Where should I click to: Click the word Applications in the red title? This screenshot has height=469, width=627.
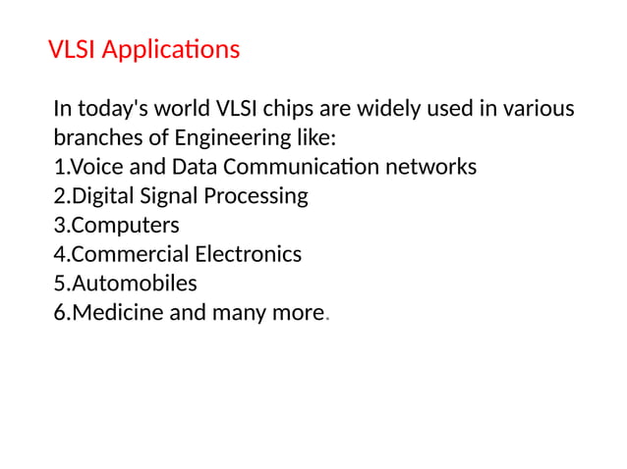171,49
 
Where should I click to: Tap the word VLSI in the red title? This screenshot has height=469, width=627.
72,49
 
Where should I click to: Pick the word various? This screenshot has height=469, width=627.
540,108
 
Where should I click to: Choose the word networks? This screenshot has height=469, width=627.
430,167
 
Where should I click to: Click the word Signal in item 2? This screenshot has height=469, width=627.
168,196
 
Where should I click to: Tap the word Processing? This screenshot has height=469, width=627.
256,196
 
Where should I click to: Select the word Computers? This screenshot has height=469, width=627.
125,226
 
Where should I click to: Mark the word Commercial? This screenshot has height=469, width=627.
130,255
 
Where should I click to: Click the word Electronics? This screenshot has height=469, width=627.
248,255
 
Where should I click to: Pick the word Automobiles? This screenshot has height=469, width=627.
135,285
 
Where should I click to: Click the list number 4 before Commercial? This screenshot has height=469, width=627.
60,255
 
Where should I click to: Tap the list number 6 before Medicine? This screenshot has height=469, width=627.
60,314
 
